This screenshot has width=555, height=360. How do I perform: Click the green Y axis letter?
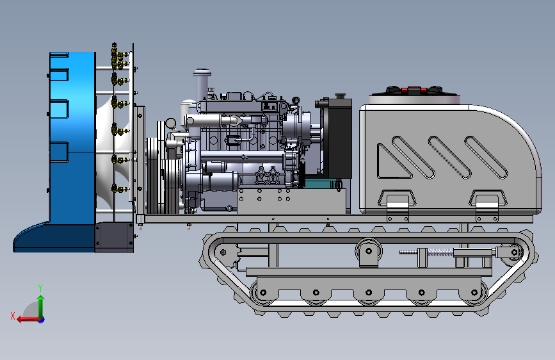[x=40, y=288]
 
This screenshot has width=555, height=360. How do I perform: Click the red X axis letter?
[x=13, y=316]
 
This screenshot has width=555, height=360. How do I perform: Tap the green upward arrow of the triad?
[x=41, y=306]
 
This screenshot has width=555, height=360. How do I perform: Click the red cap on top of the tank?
[x=414, y=90]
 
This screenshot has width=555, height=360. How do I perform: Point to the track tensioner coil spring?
[x=440, y=252]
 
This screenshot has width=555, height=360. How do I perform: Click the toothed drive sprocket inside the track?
[x=227, y=252]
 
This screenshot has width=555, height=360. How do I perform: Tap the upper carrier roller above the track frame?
[x=369, y=251]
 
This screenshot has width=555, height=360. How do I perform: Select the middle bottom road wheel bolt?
[x=369, y=293]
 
